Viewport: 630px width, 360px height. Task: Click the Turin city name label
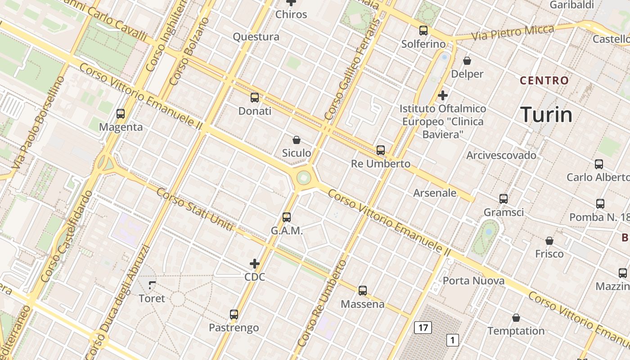(x=547, y=115)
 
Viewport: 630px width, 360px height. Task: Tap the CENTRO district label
(x=544, y=81)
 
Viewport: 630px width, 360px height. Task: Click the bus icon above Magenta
(x=121, y=114)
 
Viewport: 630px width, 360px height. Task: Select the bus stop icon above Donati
(x=255, y=98)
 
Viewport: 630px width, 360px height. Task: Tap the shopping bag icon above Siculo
(x=297, y=140)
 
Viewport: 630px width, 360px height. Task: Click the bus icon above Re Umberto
(x=381, y=150)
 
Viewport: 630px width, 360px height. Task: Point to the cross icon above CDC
(x=255, y=264)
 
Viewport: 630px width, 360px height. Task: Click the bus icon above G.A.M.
(x=287, y=217)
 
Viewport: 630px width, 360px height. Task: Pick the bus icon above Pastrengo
(x=234, y=315)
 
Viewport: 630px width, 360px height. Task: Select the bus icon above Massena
(x=363, y=291)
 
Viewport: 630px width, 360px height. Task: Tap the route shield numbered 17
(x=423, y=328)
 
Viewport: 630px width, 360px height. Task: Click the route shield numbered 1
(x=453, y=340)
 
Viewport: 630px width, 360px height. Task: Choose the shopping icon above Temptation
(x=516, y=318)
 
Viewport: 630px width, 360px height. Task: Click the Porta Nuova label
(x=473, y=281)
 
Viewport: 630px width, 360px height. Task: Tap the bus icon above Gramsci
(x=504, y=199)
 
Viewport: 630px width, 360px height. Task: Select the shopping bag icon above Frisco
(x=549, y=241)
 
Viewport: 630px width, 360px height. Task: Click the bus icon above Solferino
(x=423, y=31)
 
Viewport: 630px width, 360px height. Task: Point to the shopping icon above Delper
(x=467, y=61)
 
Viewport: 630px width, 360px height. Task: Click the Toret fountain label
(x=152, y=298)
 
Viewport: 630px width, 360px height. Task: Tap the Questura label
(x=256, y=37)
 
